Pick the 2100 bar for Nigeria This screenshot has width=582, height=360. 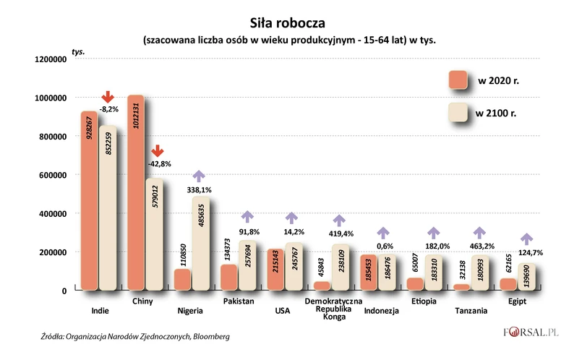pyautogui.click(x=200, y=244)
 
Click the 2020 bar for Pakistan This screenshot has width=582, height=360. pyautogui.click(x=229, y=277)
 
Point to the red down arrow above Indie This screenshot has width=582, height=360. pyautogui.click(x=107, y=96)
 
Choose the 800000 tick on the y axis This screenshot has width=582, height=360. pyautogui.click(x=50, y=137)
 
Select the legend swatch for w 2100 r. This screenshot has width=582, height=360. pyautogui.click(x=458, y=113)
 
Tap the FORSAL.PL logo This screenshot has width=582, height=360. pyautogui.click(x=533, y=333)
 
